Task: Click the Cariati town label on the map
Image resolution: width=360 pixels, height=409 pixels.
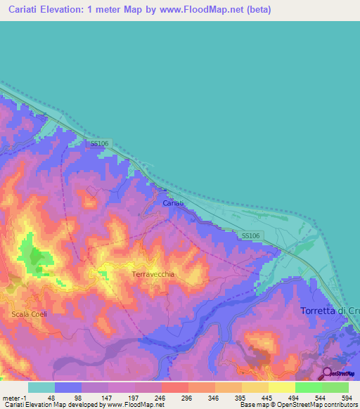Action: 173,202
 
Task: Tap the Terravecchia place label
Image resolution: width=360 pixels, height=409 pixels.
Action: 153,275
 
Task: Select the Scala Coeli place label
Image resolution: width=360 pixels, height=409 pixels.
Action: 29,314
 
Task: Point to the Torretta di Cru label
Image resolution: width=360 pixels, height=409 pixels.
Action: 330,311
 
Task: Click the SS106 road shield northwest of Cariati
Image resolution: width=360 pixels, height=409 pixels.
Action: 99,143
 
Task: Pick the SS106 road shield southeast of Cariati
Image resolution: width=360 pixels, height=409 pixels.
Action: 251,236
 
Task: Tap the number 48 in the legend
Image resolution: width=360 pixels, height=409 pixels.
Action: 51,397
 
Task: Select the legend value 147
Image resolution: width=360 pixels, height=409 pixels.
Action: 105,397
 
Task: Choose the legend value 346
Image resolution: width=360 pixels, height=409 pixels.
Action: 213,397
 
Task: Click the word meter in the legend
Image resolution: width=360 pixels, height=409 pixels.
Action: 11,397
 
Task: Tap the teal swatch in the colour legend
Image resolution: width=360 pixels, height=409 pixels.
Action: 41,387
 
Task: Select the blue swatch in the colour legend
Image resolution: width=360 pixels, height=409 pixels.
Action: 68,387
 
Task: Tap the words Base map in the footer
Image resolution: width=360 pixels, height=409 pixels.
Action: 251,405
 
